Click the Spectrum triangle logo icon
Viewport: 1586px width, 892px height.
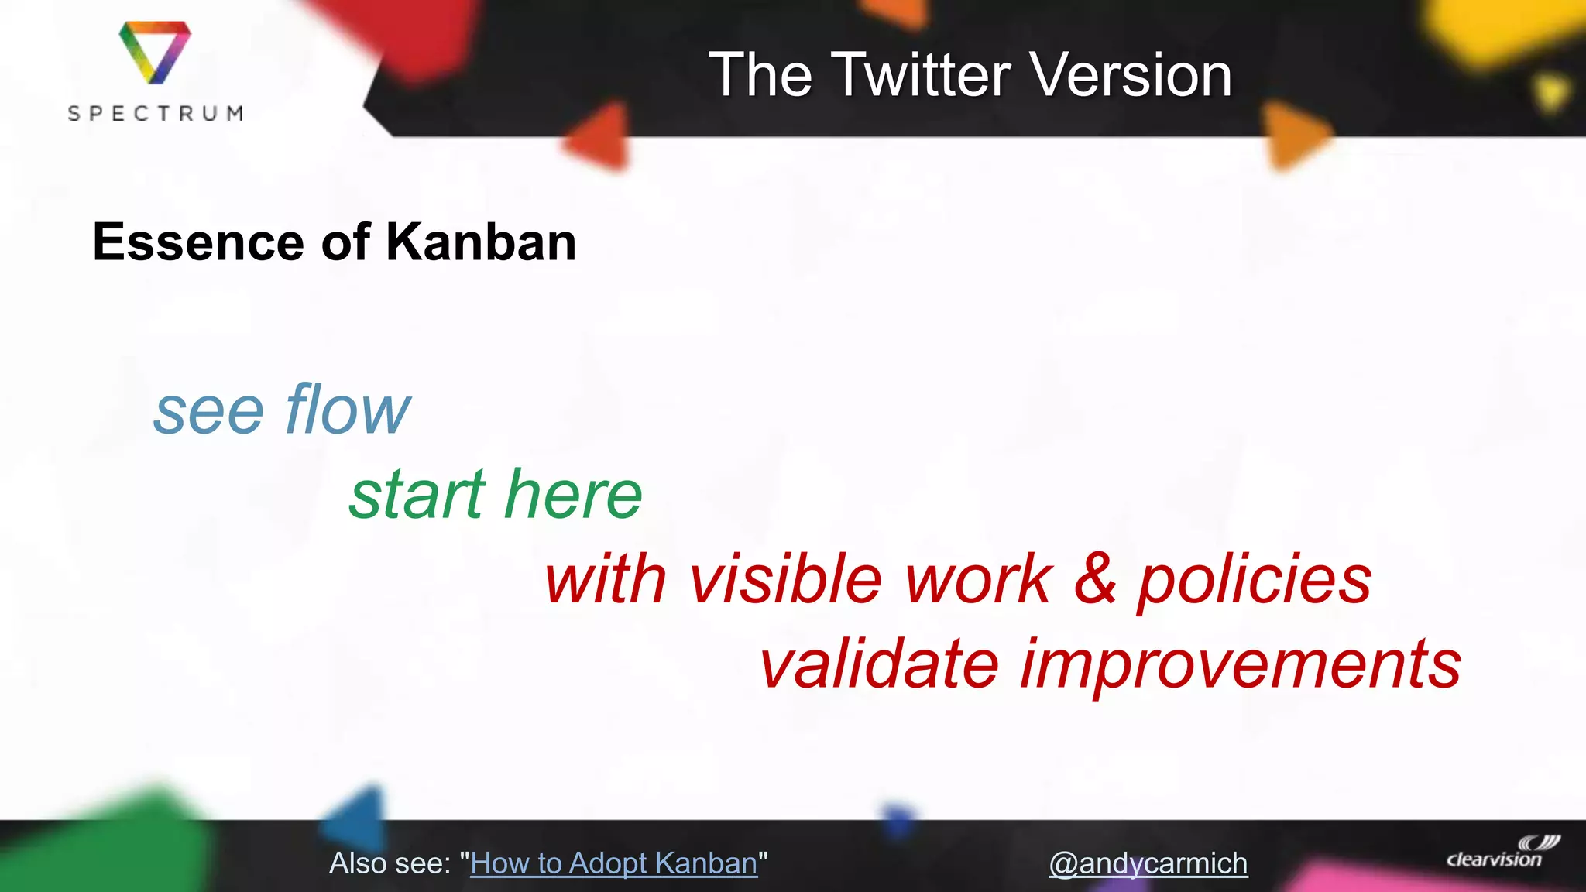(x=155, y=52)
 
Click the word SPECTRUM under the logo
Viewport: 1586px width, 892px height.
(x=155, y=114)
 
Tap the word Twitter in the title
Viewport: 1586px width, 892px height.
(x=922, y=75)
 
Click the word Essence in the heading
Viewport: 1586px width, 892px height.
(x=197, y=242)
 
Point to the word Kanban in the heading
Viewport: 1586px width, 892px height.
(x=481, y=242)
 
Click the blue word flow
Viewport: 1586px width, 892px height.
(x=347, y=410)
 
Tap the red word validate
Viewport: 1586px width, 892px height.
(x=880, y=664)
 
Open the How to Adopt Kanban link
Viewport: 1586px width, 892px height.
(x=613, y=863)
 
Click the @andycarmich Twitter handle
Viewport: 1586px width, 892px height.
(x=1148, y=863)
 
